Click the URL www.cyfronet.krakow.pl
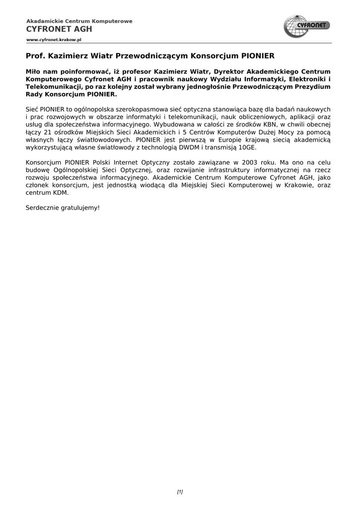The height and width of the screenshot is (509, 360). tap(54, 39)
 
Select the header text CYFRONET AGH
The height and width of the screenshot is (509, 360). tap(59, 29)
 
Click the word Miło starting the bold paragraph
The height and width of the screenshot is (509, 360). tap(33, 71)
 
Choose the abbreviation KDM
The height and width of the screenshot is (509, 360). tap(59, 192)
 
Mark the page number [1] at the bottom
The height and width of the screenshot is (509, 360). tap(180, 492)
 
